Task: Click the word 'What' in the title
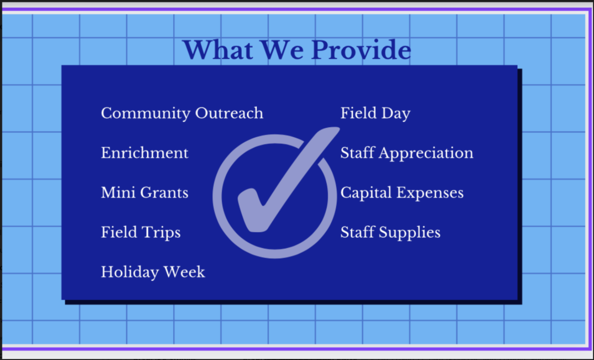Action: [218, 50]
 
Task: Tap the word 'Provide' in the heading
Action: [361, 50]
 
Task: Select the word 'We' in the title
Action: [283, 50]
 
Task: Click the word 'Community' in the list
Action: [146, 113]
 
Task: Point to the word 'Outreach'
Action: [229, 113]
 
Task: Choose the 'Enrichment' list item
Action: [145, 153]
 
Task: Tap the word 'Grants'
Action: [164, 193]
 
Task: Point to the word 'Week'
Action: [185, 272]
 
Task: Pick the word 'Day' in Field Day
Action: [396, 113]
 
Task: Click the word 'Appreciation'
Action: [426, 154]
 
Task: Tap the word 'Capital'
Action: [366, 193]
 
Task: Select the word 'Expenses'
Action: [430, 193]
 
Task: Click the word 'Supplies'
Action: [410, 233]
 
